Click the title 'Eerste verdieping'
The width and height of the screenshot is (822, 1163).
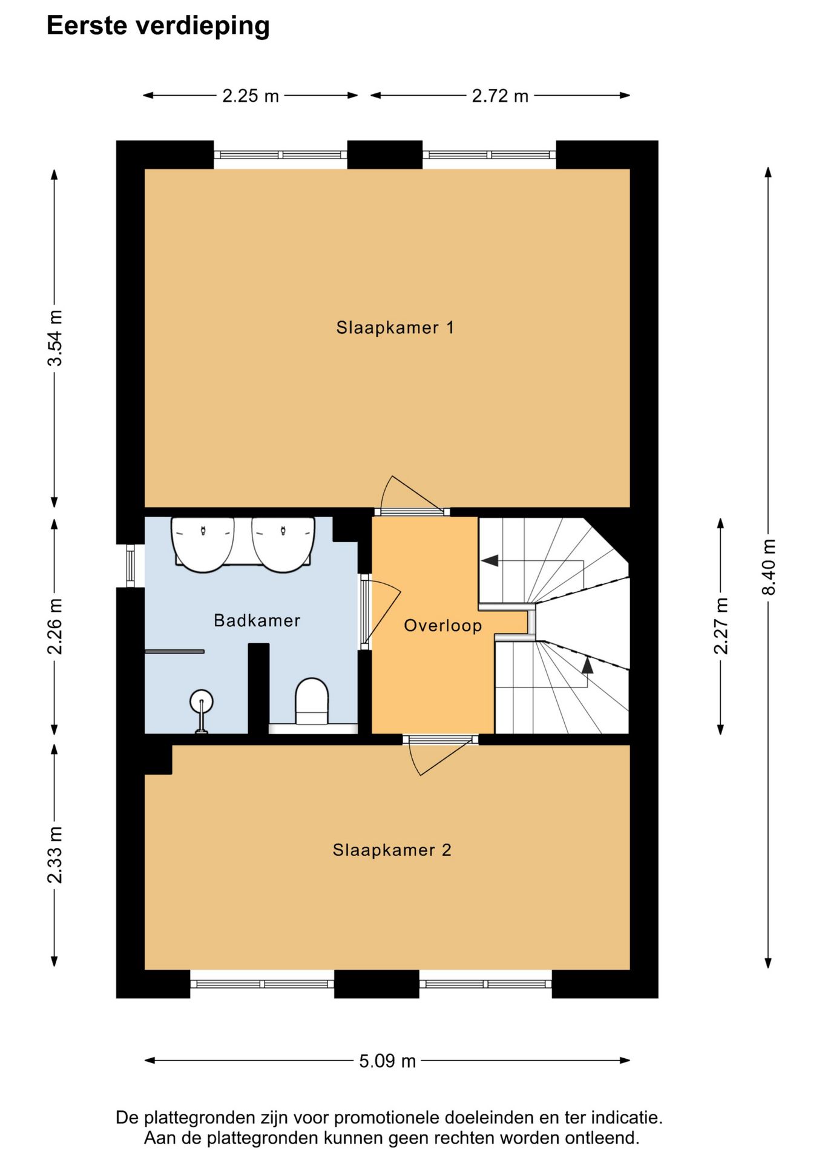coord(158,26)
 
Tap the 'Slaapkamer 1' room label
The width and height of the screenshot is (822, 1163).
coord(395,328)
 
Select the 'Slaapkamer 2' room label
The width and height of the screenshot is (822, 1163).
coord(392,850)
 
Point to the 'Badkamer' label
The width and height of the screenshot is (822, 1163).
coord(257,620)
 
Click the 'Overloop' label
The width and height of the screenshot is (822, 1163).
coord(443,626)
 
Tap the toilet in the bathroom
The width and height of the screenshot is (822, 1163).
coord(312,701)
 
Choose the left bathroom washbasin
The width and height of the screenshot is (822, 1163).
coord(203,544)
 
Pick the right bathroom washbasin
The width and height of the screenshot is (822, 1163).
coord(283,544)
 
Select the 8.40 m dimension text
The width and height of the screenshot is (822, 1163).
coord(769,567)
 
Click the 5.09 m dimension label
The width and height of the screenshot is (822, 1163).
coord(387,1061)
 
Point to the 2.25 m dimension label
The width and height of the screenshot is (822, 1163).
coord(251,96)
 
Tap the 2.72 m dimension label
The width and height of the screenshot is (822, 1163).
coord(500,96)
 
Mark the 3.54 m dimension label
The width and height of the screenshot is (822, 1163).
coord(55,338)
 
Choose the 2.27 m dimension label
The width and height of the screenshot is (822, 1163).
coord(721,626)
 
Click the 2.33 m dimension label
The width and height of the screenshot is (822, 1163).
coord(55,855)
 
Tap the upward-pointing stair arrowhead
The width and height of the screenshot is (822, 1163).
coord(587,666)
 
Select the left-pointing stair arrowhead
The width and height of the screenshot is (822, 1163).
coord(490,560)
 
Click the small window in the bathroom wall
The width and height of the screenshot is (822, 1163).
coord(130,566)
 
